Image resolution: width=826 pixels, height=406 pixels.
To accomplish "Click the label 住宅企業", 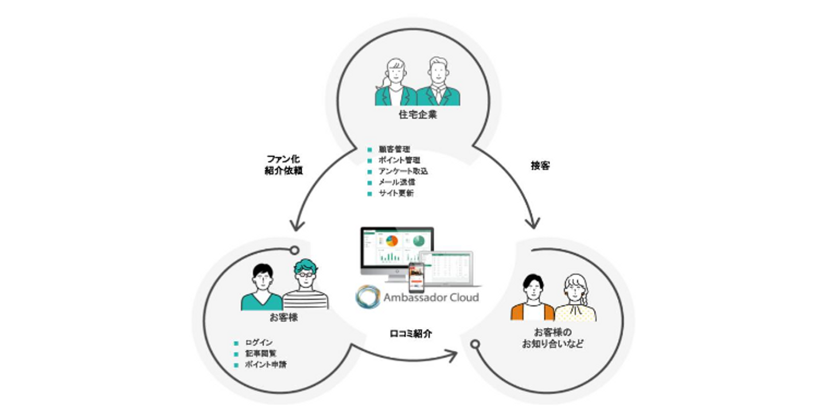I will pos(418,115).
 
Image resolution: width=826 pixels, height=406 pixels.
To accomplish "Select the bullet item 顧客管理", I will pos(395,150).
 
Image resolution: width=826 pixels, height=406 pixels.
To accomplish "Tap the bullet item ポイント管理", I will pos(399,161).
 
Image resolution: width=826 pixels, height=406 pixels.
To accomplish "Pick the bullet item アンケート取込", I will pos(403,171).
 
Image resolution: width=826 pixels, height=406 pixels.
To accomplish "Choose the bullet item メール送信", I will pos(396,182).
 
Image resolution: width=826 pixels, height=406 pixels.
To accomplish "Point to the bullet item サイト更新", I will pos(396,193).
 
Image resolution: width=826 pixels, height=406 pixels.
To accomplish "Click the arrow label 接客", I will pos(540,166).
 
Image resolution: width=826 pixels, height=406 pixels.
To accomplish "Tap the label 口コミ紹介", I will pos(411,333).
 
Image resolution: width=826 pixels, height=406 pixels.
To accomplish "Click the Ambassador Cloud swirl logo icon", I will pos(367,298).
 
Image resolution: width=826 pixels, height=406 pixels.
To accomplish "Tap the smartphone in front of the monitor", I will pos(415,278).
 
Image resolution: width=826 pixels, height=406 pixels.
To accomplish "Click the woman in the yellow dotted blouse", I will pos(575,298).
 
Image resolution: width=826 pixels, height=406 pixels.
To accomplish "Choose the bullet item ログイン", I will pos(258,343).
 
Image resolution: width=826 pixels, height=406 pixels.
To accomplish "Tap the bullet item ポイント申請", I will pos(265,365).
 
